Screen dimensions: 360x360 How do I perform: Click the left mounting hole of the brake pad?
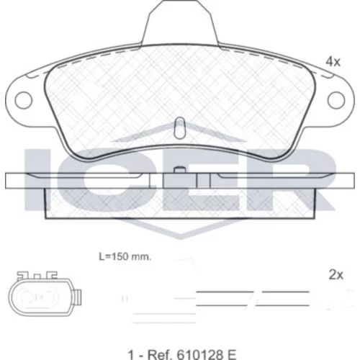(x=23, y=100)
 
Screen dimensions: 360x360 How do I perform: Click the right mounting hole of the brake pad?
(x=336, y=100)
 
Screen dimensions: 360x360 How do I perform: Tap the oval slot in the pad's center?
(x=179, y=128)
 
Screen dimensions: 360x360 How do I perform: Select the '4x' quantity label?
(x=333, y=62)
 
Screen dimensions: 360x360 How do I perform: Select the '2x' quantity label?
(x=336, y=275)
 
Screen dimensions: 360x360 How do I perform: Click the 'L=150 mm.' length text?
(x=125, y=257)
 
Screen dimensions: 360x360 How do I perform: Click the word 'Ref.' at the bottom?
(x=161, y=354)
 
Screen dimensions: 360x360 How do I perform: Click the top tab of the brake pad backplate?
(x=180, y=23)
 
